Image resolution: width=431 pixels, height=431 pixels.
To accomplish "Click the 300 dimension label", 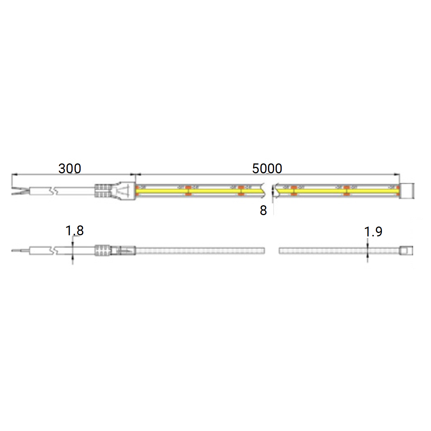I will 70,168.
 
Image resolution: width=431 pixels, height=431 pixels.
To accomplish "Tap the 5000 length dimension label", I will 267,168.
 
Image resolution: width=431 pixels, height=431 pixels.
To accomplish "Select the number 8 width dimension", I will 263,210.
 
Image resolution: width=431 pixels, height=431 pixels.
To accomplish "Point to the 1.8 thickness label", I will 74,231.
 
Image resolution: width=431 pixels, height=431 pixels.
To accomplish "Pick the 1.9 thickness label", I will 373,231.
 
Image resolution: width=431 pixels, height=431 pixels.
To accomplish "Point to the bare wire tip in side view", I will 17,250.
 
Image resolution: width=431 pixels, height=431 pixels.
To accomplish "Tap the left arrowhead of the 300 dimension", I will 14,175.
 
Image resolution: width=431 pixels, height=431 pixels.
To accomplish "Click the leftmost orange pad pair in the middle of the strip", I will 188,190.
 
